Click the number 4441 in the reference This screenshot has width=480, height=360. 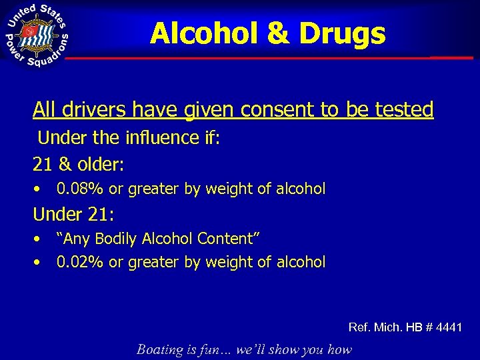pos(446,327)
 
